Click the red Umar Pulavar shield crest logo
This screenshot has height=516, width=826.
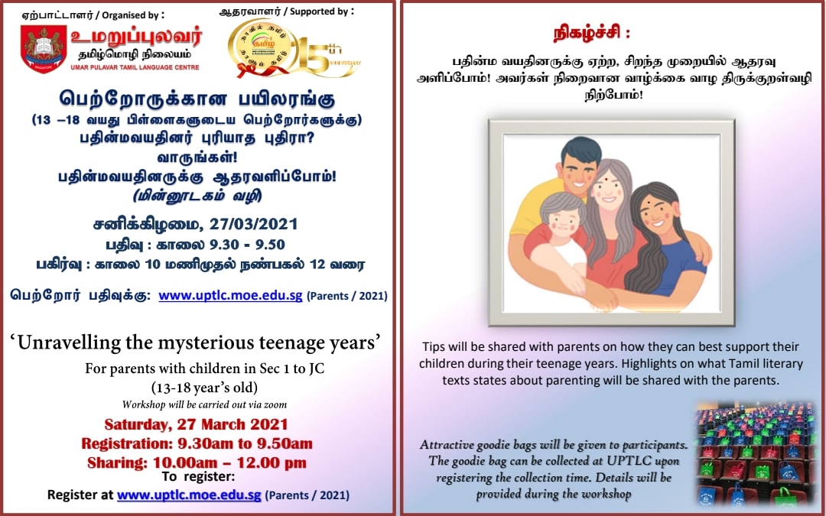44,49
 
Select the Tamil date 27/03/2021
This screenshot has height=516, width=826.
254,224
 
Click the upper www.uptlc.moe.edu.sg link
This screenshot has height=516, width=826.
230,295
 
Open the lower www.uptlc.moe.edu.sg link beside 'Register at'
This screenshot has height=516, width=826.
189,495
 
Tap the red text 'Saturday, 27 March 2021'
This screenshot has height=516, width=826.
196,424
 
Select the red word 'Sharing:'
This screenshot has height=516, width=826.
118,463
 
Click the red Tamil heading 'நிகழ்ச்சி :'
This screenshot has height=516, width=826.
592,34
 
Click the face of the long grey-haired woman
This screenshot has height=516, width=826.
609,190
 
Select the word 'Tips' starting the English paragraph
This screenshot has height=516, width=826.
432,347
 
